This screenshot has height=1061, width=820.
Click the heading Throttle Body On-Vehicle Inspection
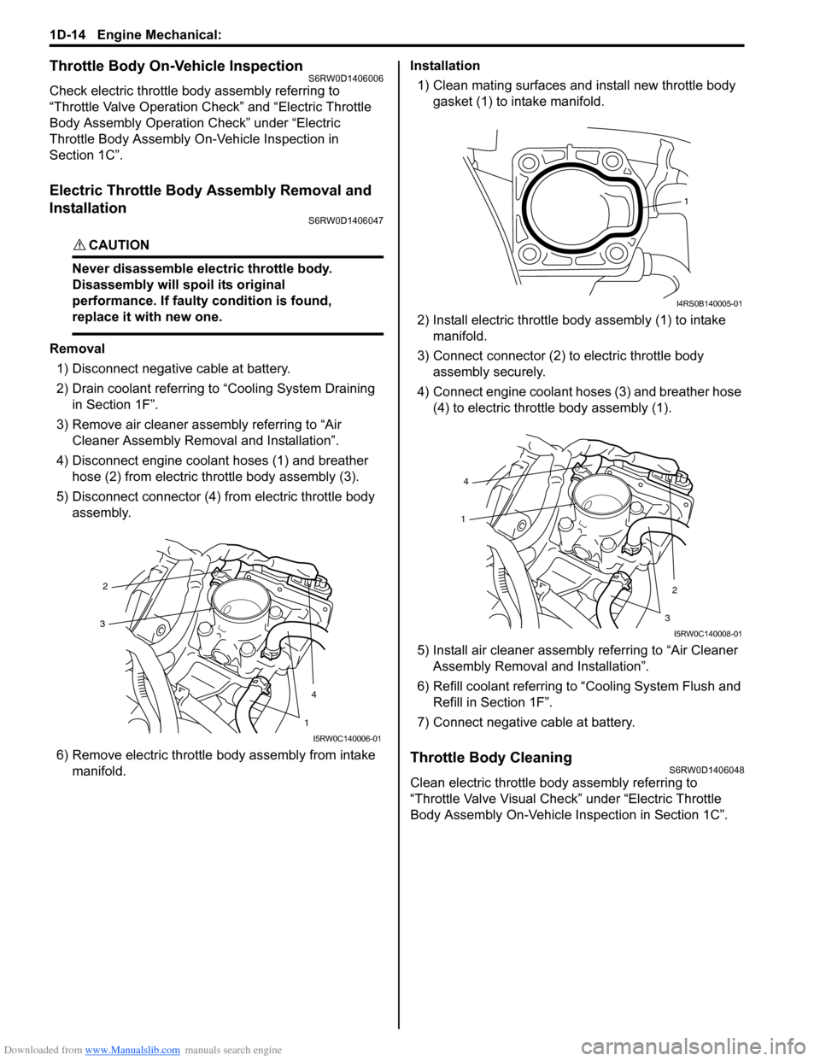(176, 66)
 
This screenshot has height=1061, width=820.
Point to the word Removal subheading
(78, 349)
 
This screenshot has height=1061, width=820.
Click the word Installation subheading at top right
(445, 66)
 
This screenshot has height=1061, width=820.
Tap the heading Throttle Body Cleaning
(491, 758)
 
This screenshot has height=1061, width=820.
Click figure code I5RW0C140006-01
(347, 738)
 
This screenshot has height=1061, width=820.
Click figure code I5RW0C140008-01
(707, 633)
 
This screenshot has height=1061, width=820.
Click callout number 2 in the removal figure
(105, 586)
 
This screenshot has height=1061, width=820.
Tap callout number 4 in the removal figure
(313, 695)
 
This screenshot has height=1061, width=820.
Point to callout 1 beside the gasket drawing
(686, 201)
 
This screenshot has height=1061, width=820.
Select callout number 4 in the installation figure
(466, 482)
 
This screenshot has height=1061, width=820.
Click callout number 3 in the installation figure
(667, 617)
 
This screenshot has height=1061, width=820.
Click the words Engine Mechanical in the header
(159, 35)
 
